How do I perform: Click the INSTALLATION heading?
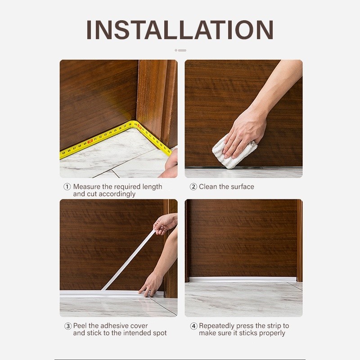(x=180, y=30)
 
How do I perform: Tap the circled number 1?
(x=67, y=187)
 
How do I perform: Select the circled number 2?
(x=193, y=187)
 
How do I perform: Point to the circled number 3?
(x=68, y=326)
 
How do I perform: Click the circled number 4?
(x=194, y=326)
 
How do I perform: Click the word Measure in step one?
(x=87, y=187)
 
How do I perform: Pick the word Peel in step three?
(x=80, y=326)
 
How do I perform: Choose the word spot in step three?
(x=160, y=333)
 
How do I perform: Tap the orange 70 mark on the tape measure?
(x=90, y=141)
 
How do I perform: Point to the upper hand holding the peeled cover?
(x=165, y=223)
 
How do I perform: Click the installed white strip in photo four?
(x=243, y=279)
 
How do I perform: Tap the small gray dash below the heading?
(x=182, y=50)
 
